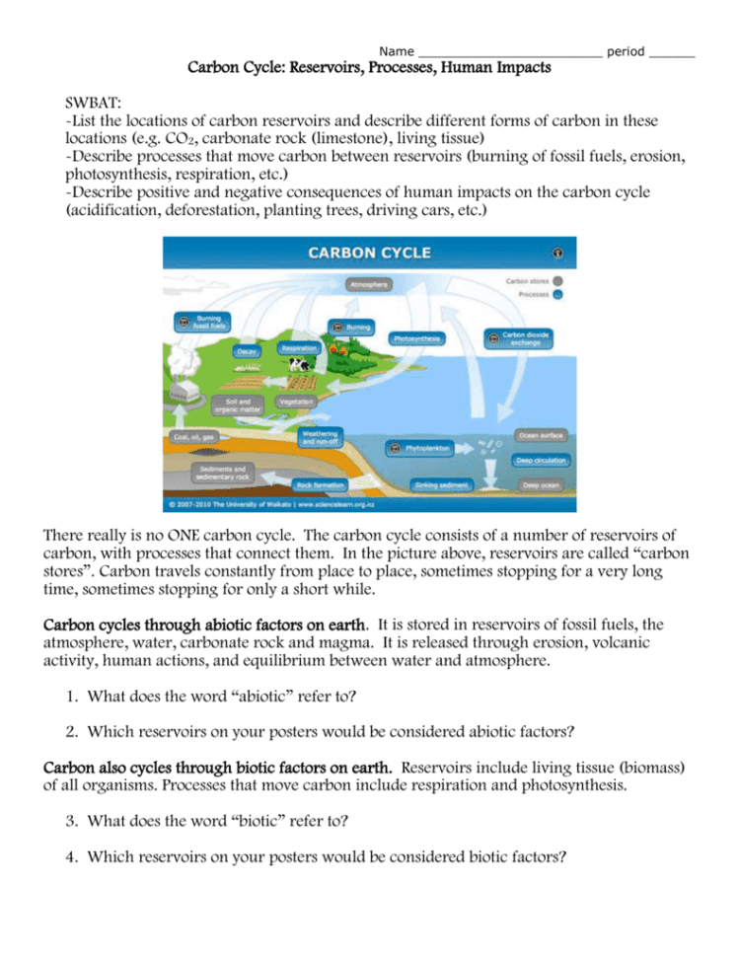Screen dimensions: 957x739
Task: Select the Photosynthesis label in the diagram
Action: tap(415, 337)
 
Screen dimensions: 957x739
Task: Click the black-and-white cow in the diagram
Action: tap(298, 367)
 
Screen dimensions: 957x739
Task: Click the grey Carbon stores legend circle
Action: tap(558, 280)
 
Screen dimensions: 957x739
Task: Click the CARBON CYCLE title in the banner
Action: tap(370, 253)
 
